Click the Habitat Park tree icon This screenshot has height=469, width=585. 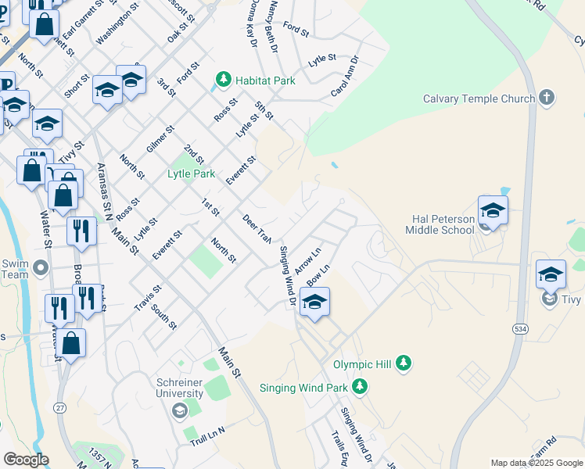coord(224,80)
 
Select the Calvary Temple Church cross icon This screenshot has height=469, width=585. coord(546,98)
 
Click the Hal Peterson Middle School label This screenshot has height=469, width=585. coord(440,224)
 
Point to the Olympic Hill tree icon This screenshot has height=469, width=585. coord(404,363)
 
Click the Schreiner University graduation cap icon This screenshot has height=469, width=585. coord(179,410)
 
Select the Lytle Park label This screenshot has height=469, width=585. coord(191,174)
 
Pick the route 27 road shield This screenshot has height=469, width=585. coord(60,408)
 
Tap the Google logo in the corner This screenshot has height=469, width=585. coord(26,460)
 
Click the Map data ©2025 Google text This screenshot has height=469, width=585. coord(537,463)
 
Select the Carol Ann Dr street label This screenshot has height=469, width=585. coord(344,76)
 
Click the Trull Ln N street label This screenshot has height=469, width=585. coord(206,437)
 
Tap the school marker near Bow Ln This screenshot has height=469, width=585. coord(314,303)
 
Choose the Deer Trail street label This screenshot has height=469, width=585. coord(257,227)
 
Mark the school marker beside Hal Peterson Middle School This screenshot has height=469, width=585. coord(493,210)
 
